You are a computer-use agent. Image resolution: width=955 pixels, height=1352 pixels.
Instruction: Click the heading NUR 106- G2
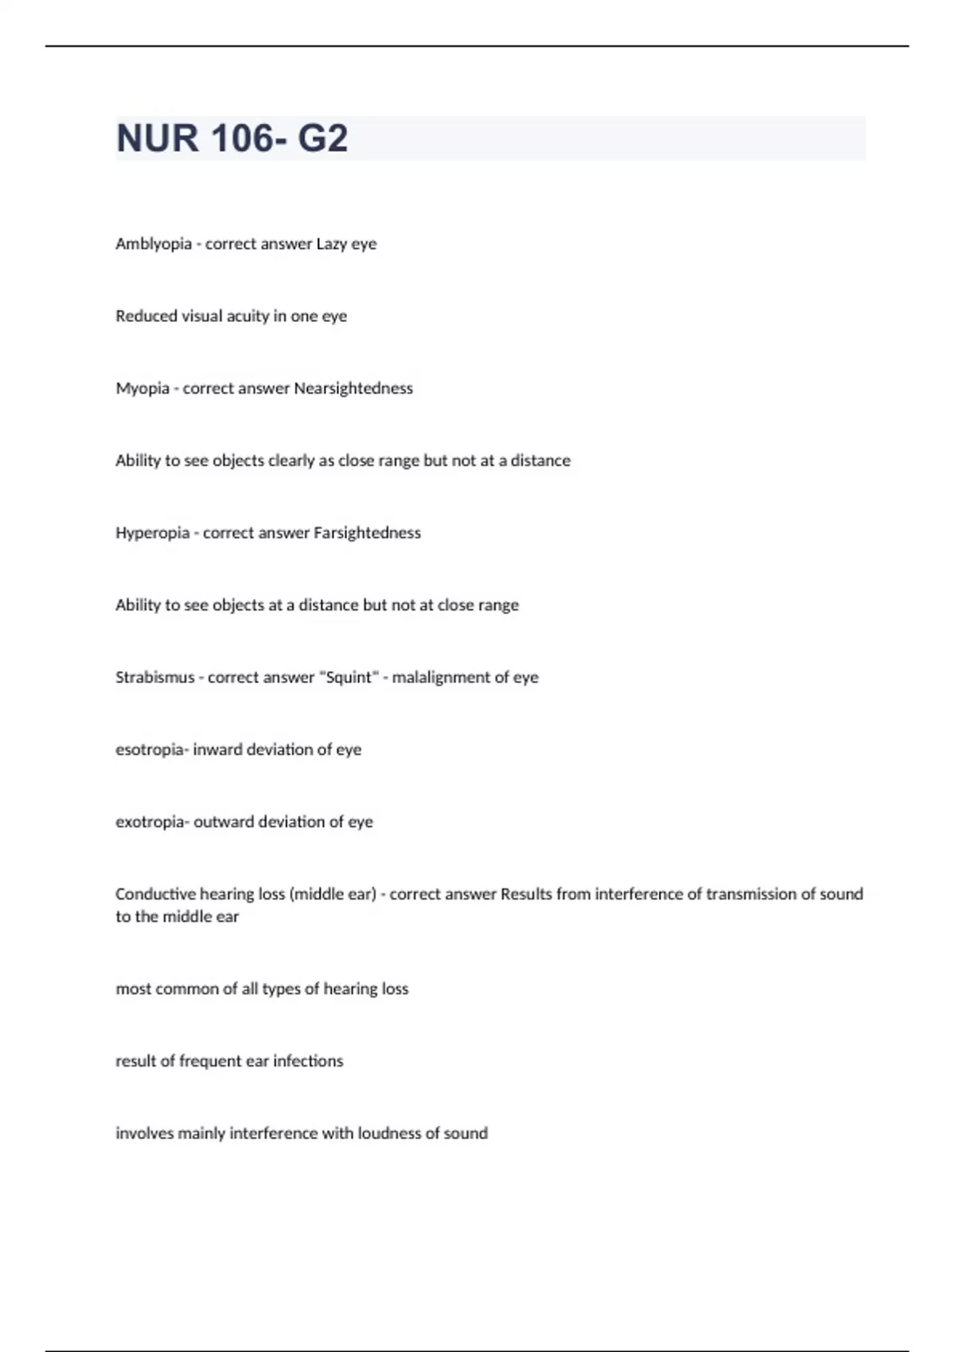point(232,138)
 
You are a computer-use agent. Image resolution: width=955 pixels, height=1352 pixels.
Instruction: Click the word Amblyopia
point(153,244)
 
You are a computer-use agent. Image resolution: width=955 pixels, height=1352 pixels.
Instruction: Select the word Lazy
point(331,244)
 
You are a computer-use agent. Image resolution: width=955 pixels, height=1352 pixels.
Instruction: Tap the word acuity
point(248,317)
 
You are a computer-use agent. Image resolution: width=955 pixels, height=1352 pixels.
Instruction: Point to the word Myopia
point(142,389)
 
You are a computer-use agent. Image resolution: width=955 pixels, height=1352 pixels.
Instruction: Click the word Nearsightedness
point(353,389)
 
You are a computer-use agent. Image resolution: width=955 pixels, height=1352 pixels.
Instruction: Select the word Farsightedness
point(367,533)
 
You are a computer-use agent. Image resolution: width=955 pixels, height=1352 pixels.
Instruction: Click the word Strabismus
point(154,678)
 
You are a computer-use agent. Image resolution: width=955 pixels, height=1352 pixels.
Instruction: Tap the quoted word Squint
point(349,678)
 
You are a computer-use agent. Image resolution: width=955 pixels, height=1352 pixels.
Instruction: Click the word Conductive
point(155,895)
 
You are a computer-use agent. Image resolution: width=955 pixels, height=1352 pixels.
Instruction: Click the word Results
point(526,895)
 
